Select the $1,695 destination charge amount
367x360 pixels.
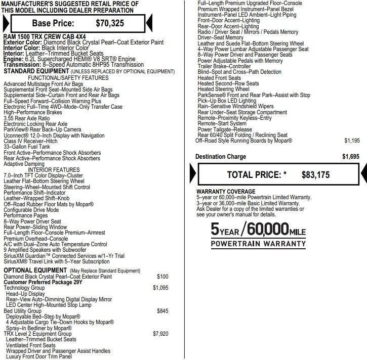(350, 157)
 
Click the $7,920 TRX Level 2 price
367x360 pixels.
(160, 334)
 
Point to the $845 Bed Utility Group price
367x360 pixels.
(162, 310)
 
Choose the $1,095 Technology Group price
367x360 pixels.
(160, 287)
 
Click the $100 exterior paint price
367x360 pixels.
(162, 277)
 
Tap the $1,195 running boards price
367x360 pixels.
(352, 141)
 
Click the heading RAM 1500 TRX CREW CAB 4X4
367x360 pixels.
(44, 37)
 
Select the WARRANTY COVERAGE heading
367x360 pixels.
(226, 192)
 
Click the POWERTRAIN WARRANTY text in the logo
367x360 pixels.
(258, 244)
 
